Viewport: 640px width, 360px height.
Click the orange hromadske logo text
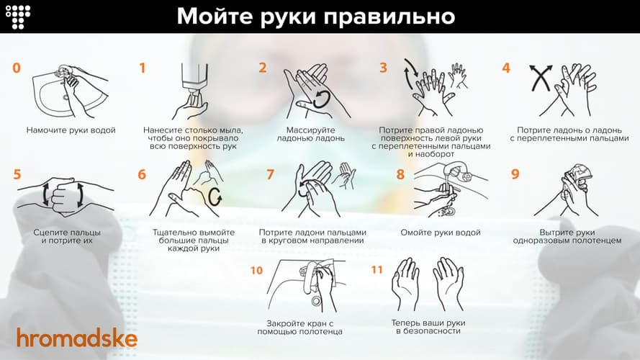tap(77, 338)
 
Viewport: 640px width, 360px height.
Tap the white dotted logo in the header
tap(17, 17)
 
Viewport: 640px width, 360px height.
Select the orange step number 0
tap(17, 68)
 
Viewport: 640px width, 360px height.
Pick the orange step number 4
tap(506, 68)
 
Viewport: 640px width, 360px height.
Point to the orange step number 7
tap(270, 174)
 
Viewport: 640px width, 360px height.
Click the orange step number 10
tap(256, 270)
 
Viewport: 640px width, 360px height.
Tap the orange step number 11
tap(377, 270)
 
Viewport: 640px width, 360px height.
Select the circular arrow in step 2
tap(321, 99)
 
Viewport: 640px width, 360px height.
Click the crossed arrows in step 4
tap(541, 78)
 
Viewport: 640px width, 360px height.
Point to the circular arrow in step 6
tap(215, 197)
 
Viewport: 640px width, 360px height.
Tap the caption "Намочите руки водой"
tap(71, 130)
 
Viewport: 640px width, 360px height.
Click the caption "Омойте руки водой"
tap(441, 233)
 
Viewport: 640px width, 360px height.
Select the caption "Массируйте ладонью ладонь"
tap(310, 135)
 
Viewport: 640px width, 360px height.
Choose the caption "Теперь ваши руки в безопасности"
tap(428, 327)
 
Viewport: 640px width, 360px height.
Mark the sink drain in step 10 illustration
tap(316, 301)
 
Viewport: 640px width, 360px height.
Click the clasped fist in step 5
tap(66, 196)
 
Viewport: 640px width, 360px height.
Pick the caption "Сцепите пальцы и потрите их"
tap(67, 237)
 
